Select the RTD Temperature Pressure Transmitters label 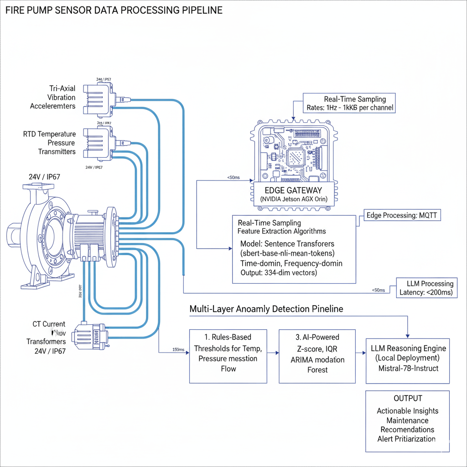click(x=49, y=143)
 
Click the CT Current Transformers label click(x=48, y=337)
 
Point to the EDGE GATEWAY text click(x=293, y=190)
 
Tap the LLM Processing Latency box click(x=426, y=288)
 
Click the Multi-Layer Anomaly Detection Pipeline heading click(x=266, y=309)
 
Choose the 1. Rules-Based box click(x=228, y=353)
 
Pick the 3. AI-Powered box click(x=317, y=353)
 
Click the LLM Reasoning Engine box click(x=408, y=358)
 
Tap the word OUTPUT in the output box click(x=408, y=398)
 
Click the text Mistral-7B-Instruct click(x=408, y=368)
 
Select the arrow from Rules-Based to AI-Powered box click(x=273, y=353)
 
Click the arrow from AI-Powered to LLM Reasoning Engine click(x=360, y=353)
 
